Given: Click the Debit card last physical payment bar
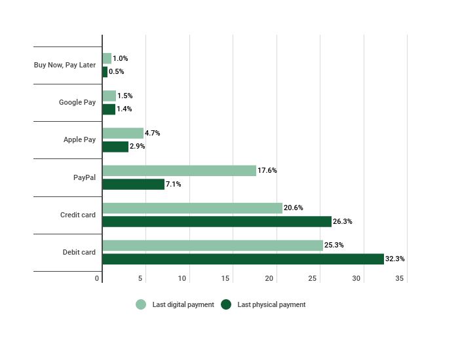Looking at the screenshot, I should coord(242,259).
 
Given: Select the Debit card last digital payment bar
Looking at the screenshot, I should coord(212,246).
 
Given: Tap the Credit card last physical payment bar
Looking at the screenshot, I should coord(217,221).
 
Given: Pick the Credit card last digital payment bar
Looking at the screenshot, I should coord(192,208).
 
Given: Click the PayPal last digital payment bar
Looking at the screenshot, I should coord(179,171).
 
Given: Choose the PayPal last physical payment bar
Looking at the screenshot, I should coord(133,185).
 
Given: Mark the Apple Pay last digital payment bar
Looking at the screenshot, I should coord(123,134).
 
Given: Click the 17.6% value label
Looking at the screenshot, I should coord(267,171).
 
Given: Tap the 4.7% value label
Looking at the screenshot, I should coord(152,134).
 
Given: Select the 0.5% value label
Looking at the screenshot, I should coord(116,72).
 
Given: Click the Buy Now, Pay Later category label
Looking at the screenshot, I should coord(65,65).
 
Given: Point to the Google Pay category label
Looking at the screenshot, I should coord(77,103).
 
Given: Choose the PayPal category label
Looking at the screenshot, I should coord(84,177).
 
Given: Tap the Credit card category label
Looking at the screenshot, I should coord(77,215).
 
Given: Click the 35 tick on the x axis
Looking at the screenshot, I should coord(400,279).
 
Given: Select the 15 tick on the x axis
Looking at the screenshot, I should coord(225,279).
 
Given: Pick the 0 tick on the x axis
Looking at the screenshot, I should coord(97,279).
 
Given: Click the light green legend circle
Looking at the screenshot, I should coord(141,304).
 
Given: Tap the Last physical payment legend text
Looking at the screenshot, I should coord(271,305).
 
